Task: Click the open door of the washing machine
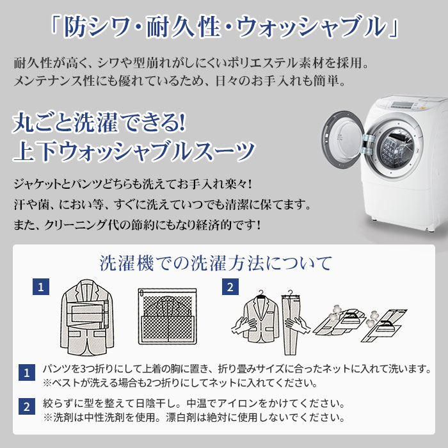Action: [343, 140]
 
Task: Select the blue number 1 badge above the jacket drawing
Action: [41, 287]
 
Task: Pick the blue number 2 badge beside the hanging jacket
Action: [230, 287]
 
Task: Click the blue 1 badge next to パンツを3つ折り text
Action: [27, 372]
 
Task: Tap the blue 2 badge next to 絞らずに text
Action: [27, 406]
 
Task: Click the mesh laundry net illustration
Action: [168, 316]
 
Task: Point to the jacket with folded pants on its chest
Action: [87, 317]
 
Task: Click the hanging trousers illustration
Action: [291, 323]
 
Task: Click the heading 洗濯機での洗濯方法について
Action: [216, 263]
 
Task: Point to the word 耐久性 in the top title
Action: [183, 27]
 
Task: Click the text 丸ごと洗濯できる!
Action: [99, 123]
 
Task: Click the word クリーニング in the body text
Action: [76, 225]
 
